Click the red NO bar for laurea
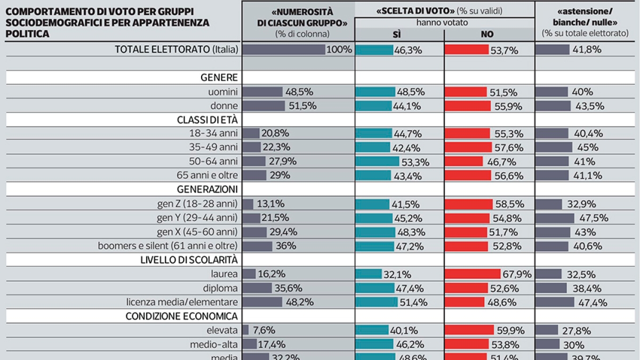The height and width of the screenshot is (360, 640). click(x=479, y=274)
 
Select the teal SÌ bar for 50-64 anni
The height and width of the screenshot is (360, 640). click(x=377, y=161)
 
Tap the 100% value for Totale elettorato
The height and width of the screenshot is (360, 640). click(x=340, y=50)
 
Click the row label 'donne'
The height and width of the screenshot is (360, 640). click(x=225, y=106)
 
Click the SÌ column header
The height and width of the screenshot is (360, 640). click(x=399, y=34)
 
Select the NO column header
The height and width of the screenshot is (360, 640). click(x=487, y=34)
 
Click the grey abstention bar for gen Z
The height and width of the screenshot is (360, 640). click(x=549, y=204)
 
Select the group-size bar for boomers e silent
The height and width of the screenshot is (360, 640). click(x=258, y=246)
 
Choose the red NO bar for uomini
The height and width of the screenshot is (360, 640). click(x=466, y=92)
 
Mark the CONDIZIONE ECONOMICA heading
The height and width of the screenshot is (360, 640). click(x=181, y=316)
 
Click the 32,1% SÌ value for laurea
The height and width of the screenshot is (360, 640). click(x=396, y=275)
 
